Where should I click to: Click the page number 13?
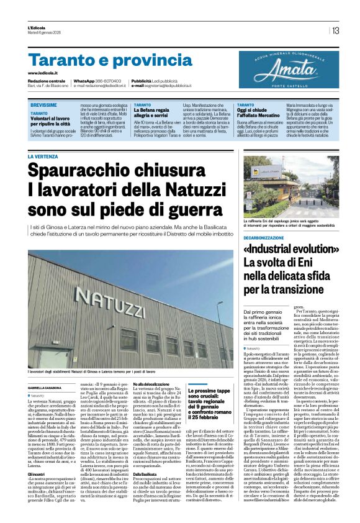pos(335,30)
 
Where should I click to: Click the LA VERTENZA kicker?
pos(43,157)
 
